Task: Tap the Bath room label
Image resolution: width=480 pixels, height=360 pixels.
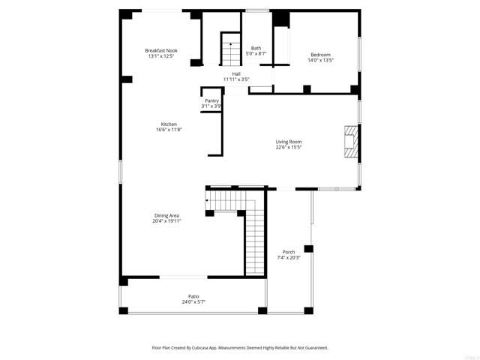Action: click(x=256, y=48)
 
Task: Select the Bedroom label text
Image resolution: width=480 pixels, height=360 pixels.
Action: click(x=320, y=55)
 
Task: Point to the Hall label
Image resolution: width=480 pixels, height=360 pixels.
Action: click(x=236, y=73)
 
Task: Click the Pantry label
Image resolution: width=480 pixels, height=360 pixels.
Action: click(x=211, y=100)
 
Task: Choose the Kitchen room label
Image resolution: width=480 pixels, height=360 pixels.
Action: click(x=169, y=124)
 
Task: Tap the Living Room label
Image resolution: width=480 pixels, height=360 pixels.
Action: click(x=289, y=142)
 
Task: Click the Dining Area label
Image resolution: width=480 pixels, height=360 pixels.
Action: click(x=166, y=215)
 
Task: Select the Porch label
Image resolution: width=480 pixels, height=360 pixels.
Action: click(x=289, y=252)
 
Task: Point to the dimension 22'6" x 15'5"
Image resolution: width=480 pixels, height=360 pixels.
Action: click(x=289, y=148)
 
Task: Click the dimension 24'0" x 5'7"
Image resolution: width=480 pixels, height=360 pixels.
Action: click(x=193, y=302)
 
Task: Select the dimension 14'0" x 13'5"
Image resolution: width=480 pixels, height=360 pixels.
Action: click(x=320, y=61)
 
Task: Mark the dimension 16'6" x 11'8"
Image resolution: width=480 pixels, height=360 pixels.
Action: click(x=169, y=130)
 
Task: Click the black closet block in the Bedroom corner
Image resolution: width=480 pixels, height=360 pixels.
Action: click(x=281, y=19)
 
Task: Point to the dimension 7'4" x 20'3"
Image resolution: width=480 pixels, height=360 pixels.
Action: click(x=289, y=258)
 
